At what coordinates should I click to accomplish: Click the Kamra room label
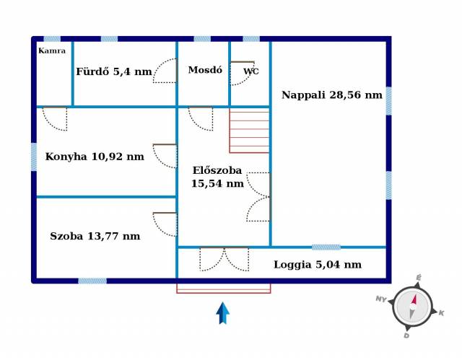point(52,51)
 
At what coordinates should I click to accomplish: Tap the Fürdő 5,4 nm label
point(114,71)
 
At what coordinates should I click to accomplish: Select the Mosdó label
point(205,70)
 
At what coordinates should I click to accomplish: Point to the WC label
point(251,71)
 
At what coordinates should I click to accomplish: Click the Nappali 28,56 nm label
point(332,95)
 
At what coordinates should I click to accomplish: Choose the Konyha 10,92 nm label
point(95,157)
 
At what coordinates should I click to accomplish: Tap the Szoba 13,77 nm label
point(95,236)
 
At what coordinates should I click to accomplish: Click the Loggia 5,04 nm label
point(318,264)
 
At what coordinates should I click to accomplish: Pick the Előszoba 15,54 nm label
point(217,177)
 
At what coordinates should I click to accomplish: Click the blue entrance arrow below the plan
point(223,313)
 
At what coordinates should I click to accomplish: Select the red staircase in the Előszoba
point(249,131)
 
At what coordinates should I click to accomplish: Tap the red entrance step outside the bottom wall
point(224,288)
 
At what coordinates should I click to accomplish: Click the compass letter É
point(419,277)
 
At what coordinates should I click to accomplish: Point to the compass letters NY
point(381,299)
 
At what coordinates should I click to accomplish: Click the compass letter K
point(441,313)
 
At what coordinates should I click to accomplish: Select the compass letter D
point(406,335)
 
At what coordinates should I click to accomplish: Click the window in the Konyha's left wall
point(34,157)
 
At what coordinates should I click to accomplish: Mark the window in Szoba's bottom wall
point(92,281)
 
